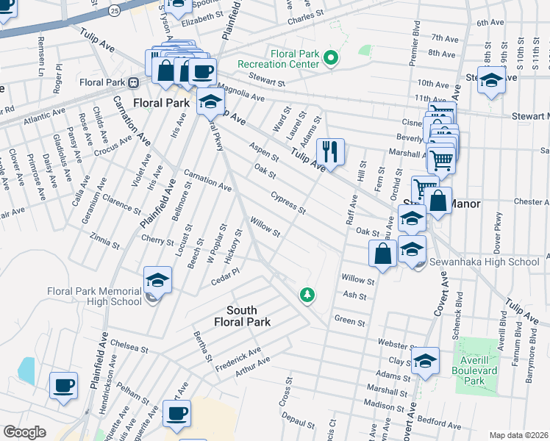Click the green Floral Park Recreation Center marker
(x=332, y=59)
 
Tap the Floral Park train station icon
(x=134, y=82)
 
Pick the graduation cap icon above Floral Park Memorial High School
(x=157, y=279)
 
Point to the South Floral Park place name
(x=242, y=316)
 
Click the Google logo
(x=25, y=431)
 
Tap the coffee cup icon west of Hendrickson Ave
(x=63, y=385)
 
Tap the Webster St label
(x=393, y=344)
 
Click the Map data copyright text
(x=518, y=434)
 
